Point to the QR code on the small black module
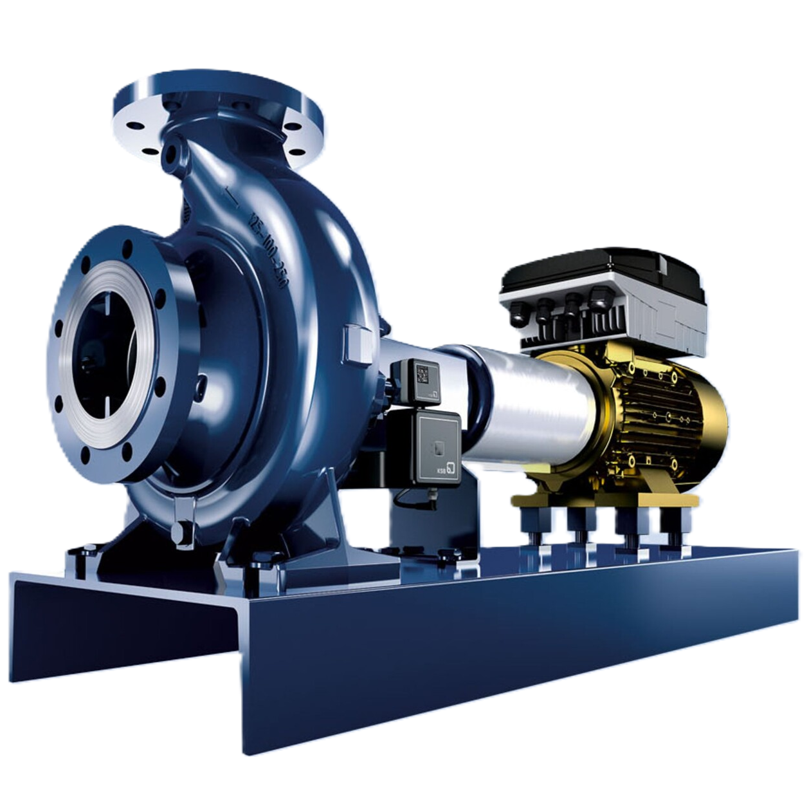(x=423, y=374)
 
